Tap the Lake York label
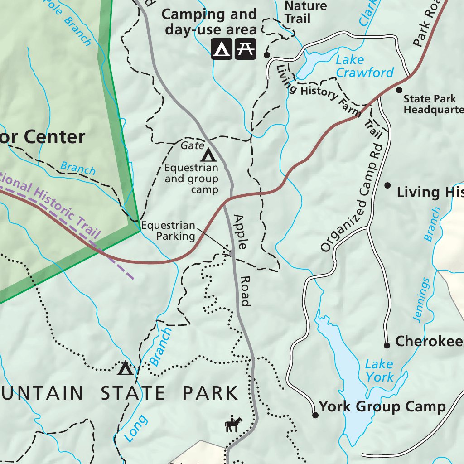380,370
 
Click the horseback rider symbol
233,424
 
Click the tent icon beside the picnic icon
222,49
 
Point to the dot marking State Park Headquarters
399,90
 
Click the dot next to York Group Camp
315,415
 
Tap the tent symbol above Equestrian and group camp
208,155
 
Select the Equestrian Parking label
168,231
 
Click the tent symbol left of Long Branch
125,368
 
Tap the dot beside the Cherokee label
387,345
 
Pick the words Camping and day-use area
209,22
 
